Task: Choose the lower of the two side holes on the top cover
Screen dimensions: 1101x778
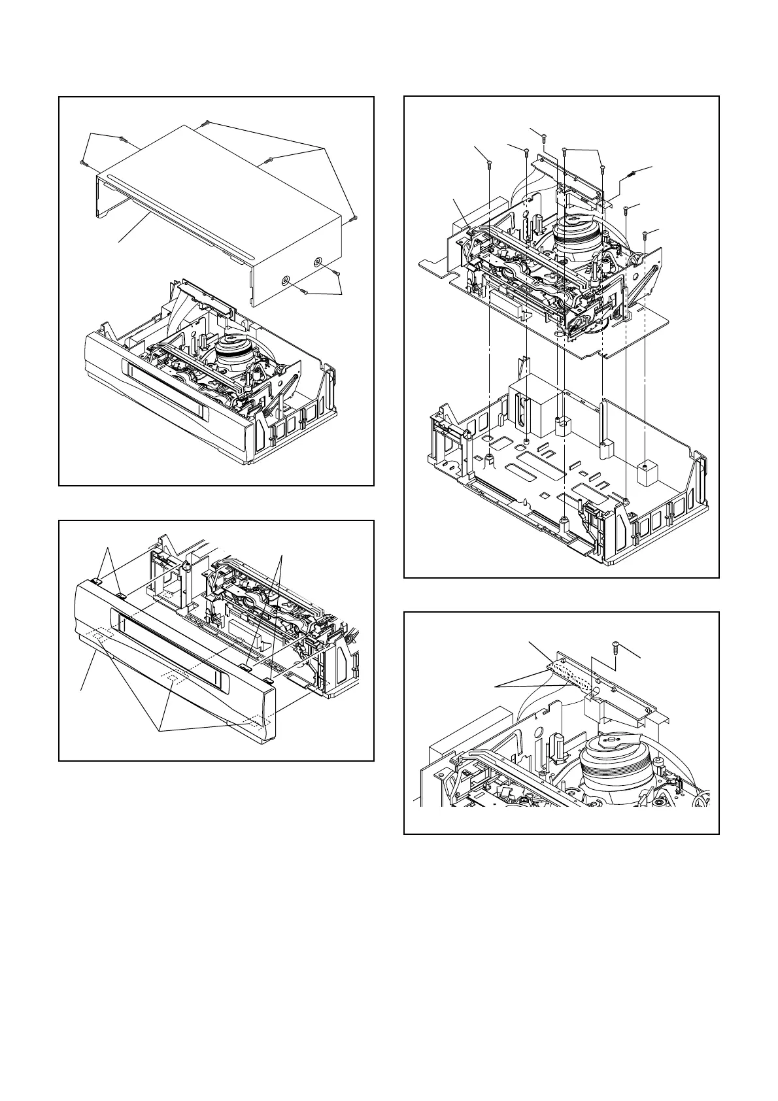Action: [x=286, y=280]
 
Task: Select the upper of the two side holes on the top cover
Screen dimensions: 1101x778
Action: [x=318, y=262]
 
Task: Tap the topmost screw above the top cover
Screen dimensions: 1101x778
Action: [x=206, y=122]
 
